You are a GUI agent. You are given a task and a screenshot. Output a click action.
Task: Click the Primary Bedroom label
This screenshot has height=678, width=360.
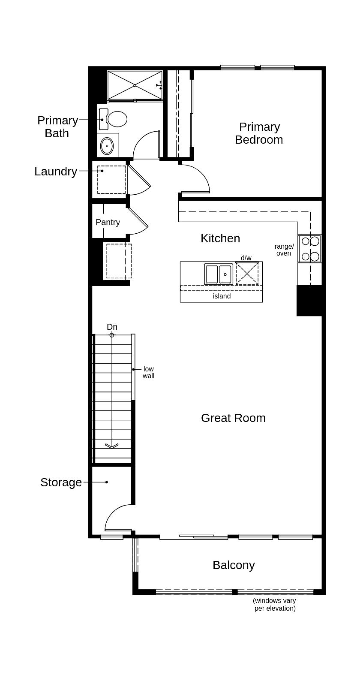(x=259, y=133)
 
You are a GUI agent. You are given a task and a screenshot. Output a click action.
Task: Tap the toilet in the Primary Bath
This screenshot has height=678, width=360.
(x=117, y=119)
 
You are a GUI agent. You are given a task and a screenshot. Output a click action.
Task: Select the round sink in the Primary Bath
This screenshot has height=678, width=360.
(x=107, y=146)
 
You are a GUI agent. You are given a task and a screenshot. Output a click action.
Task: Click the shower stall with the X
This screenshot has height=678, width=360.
(x=135, y=85)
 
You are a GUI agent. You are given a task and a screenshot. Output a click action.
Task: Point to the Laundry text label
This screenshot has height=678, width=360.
(x=56, y=172)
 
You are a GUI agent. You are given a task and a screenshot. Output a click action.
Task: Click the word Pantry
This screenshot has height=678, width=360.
(x=108, y=222)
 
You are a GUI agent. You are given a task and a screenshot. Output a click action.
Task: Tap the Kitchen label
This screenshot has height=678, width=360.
(x=220, y=238)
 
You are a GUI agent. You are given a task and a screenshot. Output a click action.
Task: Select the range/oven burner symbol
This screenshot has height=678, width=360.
(x=310, y=249)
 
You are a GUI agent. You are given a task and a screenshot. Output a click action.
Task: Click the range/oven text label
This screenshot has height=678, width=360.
(x=284, y=250)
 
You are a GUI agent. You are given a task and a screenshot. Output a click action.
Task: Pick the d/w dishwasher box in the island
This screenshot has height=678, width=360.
(x=247, y=273)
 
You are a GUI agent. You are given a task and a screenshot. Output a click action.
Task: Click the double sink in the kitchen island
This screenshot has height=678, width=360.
(x=219, y=274)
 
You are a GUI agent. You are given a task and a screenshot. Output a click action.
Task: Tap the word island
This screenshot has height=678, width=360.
(x=222, y=296)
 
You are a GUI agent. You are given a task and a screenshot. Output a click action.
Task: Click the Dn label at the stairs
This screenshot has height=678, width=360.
(x=112, y=327)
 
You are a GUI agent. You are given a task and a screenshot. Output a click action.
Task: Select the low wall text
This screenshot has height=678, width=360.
(x=148, y=372)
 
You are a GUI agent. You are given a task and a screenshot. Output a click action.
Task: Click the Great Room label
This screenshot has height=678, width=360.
(x=233, y=418)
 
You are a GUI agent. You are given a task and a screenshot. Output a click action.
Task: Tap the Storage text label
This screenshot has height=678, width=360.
(x=61, y=482)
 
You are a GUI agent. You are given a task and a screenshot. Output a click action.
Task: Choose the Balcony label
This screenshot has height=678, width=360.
(x=234, y=565)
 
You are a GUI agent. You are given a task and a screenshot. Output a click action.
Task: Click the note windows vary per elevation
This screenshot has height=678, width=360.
(x=274, y=604)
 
